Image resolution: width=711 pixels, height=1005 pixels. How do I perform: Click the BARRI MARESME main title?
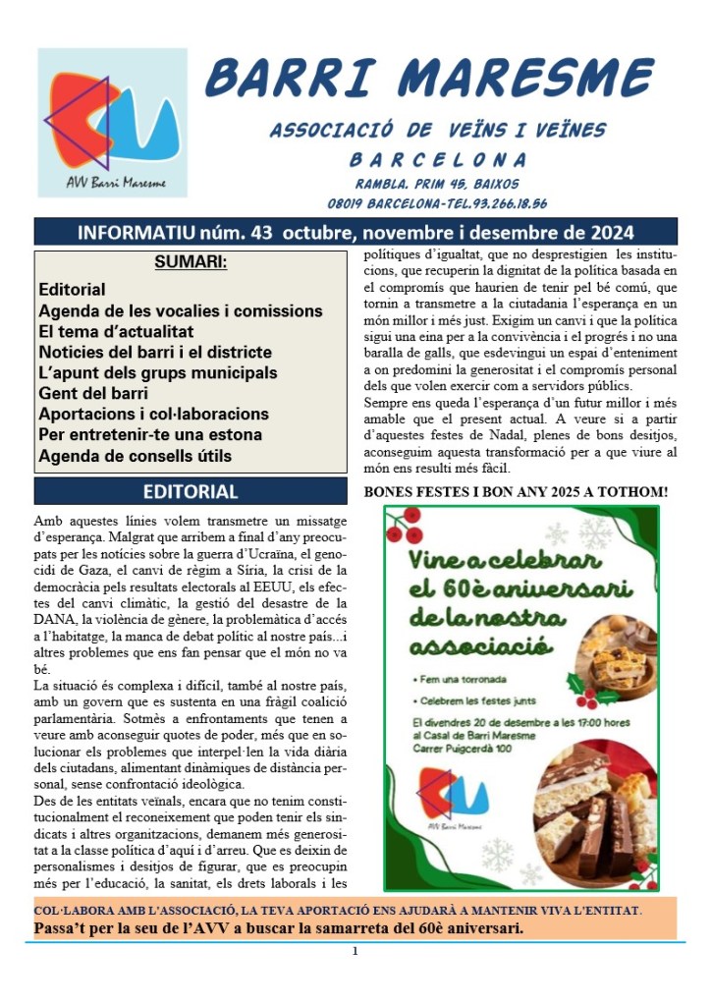tap(429, 78)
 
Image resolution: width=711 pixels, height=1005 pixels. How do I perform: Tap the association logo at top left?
tap(112, 123)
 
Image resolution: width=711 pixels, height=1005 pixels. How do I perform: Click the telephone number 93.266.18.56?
tap(500, 204)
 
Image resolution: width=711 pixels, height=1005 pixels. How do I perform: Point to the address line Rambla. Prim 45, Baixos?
tap(437, 184)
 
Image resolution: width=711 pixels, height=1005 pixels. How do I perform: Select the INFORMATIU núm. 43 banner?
tap(355, 233)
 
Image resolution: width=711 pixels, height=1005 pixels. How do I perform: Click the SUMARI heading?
tap(191, 263)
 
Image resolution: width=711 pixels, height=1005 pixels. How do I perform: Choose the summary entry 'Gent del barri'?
tap(93, 394)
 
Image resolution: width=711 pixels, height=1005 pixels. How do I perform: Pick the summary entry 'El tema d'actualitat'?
tap(116, 332)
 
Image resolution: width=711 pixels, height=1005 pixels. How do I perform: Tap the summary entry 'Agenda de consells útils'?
tap(135, 456)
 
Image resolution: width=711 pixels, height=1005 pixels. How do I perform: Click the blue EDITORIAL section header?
tap(191, 491)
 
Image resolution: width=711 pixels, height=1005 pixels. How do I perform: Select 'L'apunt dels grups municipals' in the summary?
tap(157, 373)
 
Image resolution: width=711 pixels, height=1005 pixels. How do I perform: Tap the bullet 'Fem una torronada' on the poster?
tap(462, 679)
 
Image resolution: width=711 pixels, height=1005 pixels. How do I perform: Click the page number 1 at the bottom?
tap(355, 951)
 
